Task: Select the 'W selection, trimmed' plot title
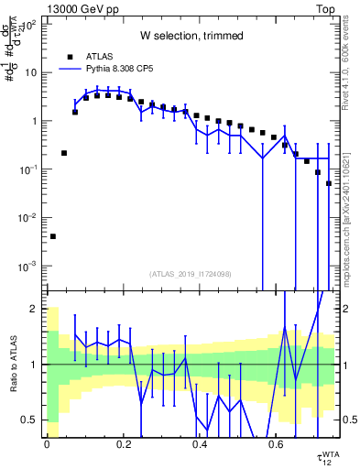pos(191,36)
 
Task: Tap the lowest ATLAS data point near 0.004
pos(53,236)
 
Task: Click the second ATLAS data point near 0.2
pos(64,153)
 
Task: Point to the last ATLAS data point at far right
pos(328,183)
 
